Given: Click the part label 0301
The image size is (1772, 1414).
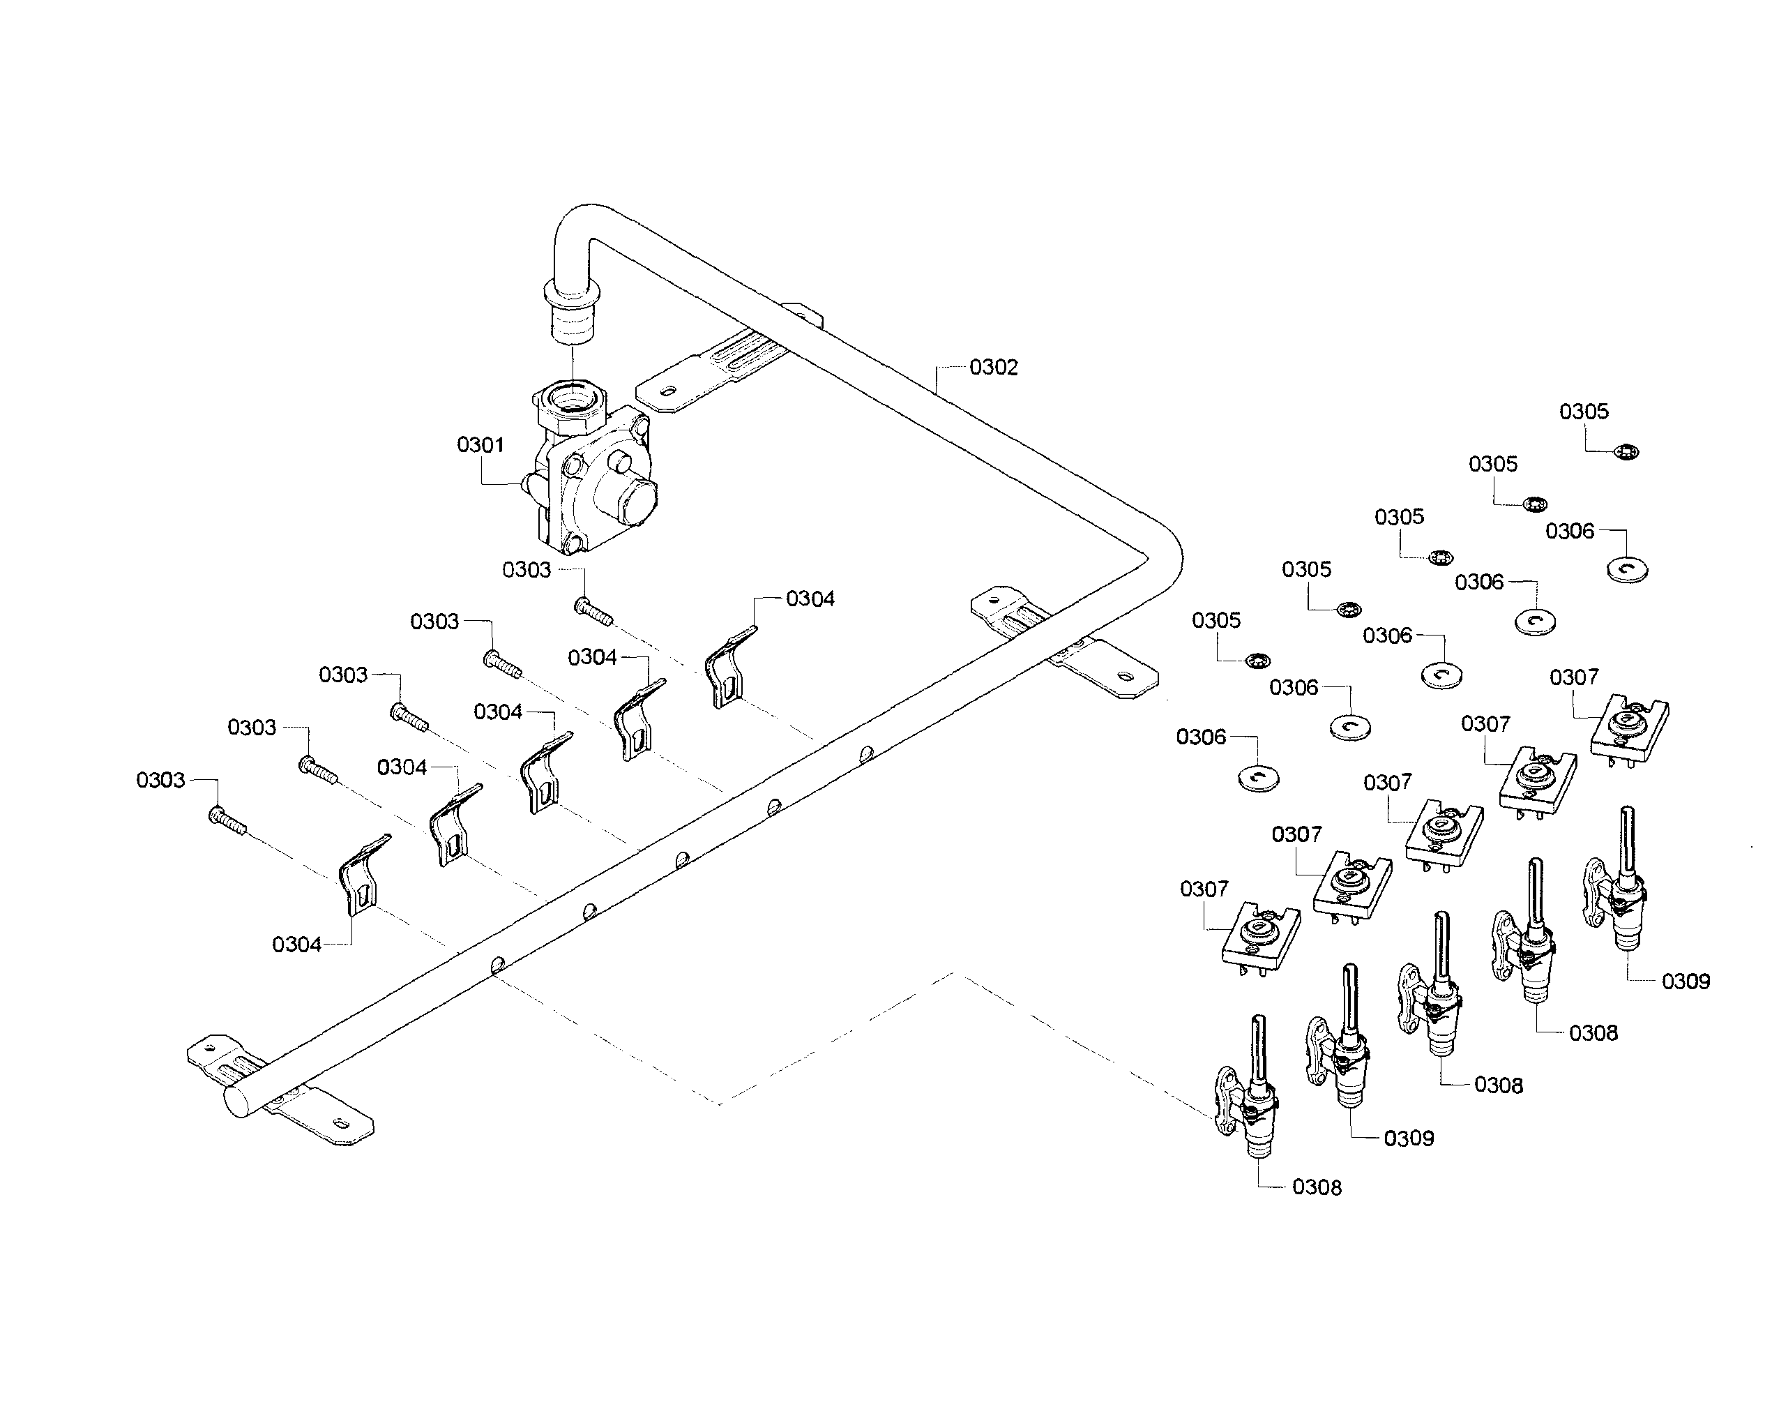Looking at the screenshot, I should coord(480,445).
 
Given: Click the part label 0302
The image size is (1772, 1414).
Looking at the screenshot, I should coord(993,368).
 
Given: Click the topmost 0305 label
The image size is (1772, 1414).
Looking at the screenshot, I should coord(1583,412).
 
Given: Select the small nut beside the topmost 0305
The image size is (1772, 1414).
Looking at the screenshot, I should coord(1626,451).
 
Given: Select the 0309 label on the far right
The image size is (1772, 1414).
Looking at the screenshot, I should coord(1685,981).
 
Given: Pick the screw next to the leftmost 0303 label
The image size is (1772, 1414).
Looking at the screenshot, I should coord(227,820).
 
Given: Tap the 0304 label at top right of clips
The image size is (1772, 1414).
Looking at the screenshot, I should coord(810,599).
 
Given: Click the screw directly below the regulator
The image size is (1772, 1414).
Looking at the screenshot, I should coord(593,611).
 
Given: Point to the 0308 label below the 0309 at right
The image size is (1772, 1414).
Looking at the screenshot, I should coord(1592,1033).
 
